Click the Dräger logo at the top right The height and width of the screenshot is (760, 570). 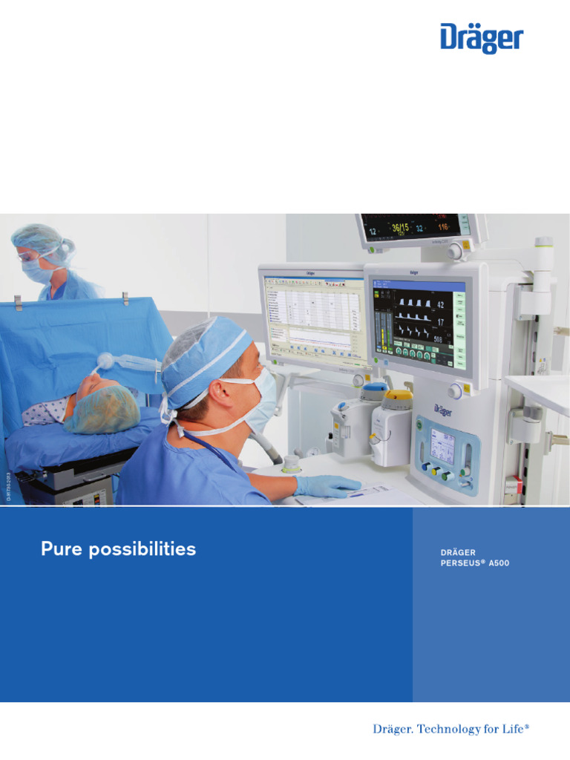pos(482,38)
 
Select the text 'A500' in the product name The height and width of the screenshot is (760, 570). pos(499,563)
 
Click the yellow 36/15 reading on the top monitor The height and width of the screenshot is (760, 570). pos(402,228)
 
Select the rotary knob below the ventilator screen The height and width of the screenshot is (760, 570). pos(455,391)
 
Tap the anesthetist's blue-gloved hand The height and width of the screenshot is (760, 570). pos(327,485)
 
